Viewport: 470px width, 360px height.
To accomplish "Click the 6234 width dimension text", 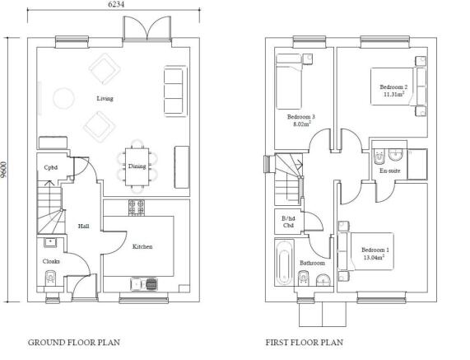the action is pyautogui.click(x=115, y=4).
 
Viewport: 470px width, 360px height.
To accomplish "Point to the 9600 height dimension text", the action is pyautogui.click(x=3, y=170).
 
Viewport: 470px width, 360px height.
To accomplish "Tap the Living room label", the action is pyautogui.click(x=105, y=98).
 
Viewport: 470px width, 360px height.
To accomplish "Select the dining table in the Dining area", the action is pyautogui.click(x=137, y=166).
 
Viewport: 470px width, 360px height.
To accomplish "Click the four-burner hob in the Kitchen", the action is pyautogui.click(x=137, y=208).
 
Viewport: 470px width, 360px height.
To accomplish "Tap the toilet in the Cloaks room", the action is pyautogui.click(x=50, y=278).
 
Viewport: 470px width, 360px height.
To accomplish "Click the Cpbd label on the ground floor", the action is pyautogui.click(x=51, y=167).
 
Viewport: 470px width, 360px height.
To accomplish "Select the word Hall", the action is pyautogui.click(x=83, y=226).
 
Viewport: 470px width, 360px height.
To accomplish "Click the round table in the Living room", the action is pyautogui.click(x=63, y=98).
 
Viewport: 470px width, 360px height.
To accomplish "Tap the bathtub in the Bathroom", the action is pyautogui.click(x=284, y=262).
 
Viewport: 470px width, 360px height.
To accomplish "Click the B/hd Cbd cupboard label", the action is pyautogui.click(x=288, y=222).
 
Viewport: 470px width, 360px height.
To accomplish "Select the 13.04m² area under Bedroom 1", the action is pyautogui.click(x=374, y=257).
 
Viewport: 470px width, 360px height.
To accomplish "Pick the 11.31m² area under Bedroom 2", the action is pyautogui.click(x=394, y=94).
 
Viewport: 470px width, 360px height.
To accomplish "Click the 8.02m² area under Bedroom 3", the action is pyautogui.click(x=302, y=124).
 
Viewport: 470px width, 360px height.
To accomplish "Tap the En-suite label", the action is pyautogui.click(x=389, y=171).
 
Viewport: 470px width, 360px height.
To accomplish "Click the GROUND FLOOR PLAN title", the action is pyautogui.click(x=74, y=343).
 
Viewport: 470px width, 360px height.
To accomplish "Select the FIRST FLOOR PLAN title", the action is pyautogui.click(x=305, y=343).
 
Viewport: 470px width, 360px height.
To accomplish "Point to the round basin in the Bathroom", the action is pyautogui.click(x=323, y=279).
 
